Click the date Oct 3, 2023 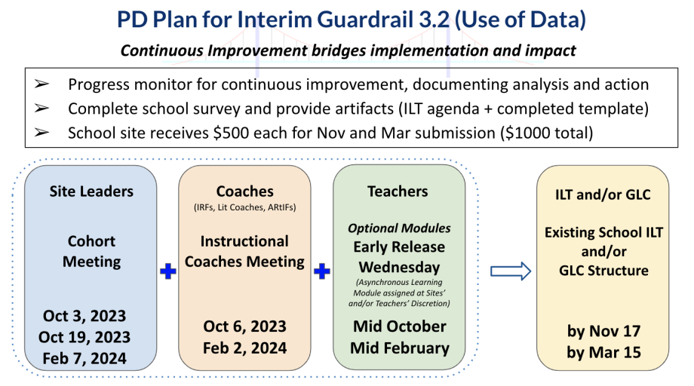click(84, 316)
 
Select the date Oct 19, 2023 click(84, 337)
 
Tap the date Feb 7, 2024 click(84, 358)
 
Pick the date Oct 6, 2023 click(244, 326)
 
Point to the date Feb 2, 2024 click(244, 348)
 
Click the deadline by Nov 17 click(603, 331)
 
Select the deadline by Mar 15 click(603, 352)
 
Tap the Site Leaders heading click(91, 191)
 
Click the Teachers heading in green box click(398, 191)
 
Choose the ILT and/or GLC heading click(603, 195)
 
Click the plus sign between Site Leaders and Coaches click(168, 271)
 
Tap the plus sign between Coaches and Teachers click(322, 271)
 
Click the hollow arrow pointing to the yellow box click(511, 271)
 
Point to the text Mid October click(400, 326)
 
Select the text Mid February click(400, 348)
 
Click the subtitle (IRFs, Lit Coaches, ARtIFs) click(244, 207)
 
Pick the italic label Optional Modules click(399, 228)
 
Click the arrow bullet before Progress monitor click(41, 84)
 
